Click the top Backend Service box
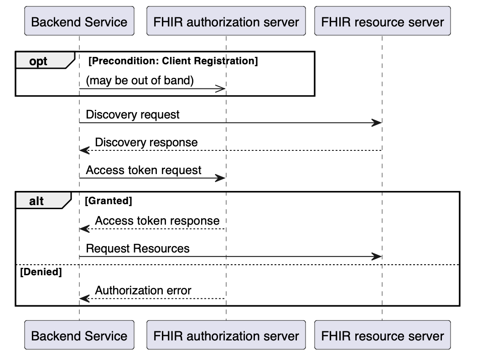(x=79, y=21)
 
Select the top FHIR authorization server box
(x=226, y=21)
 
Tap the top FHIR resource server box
(x=382, y=21)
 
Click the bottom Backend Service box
(x=79, y=335)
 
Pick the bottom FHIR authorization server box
(x=226, y=335)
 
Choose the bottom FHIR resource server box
(x=382, y=335)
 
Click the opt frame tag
(x=39, y=61)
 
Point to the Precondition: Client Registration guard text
(x=173, y=61)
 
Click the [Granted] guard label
(x=109, y=200)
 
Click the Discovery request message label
(x=133, y=114)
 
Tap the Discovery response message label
(x=146, y=142)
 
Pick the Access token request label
(x=144, y=170)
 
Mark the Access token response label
(x=157, y=221)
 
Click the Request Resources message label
(x=138, y=248)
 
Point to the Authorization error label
(x=143, y=290)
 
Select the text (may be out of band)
(x=140, y=81)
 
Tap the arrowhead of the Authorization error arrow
(x=84, y=298)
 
